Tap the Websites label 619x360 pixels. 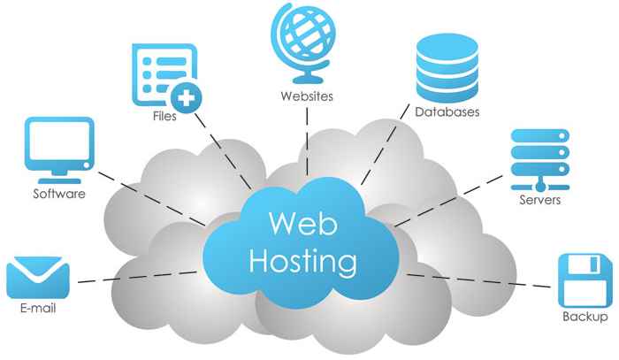[306, 96]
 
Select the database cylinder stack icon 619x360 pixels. [447, 70]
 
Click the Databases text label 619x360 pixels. [447, 112]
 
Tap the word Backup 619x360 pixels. [585, 317]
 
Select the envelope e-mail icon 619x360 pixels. [37, 278]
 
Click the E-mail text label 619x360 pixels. [38, 311]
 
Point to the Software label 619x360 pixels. [58, 194]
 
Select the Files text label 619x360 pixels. [164, 116]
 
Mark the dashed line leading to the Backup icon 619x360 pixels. [478, 281]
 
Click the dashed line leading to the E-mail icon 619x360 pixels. [133, 278]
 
